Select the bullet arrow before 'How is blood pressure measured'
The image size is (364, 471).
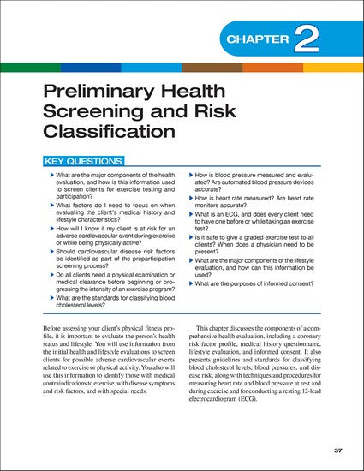click(191, 174)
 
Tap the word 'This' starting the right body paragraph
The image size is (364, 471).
click(208, 329)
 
